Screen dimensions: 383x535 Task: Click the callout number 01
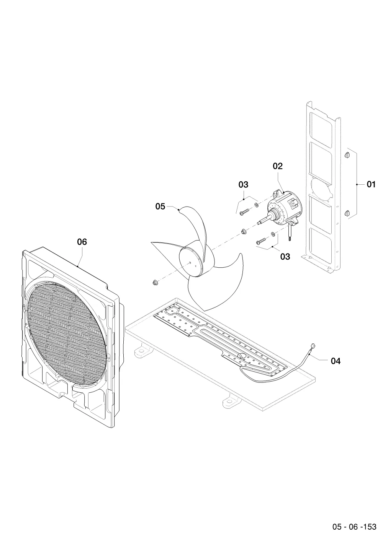point(371,184)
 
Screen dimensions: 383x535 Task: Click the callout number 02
point(278,166)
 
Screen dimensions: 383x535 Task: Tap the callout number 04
point(336,361)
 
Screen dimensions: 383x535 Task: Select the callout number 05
point(160,206)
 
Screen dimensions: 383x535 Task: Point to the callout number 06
point(82,242)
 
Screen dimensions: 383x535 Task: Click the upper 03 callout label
point(243,184)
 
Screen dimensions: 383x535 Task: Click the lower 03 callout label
point(285,257)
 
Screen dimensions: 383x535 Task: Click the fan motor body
point(285,208)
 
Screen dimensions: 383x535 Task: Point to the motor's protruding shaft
point(265,220)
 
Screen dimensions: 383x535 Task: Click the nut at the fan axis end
point(154,283)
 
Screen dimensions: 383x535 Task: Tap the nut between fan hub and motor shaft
point(244,231)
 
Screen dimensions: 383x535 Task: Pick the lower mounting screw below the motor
point(261,241)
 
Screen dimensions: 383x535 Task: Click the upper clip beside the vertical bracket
point(347,155)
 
